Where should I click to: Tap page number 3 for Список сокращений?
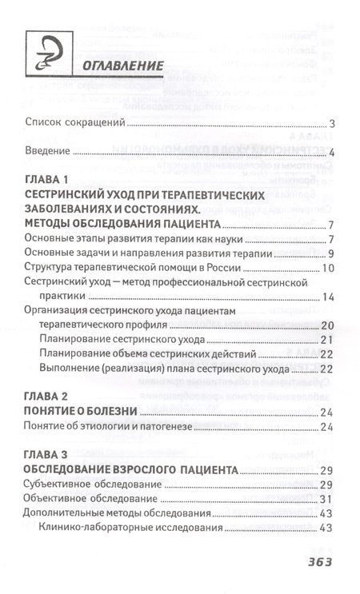click(x=330, y=123)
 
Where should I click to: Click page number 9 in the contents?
click(x=330, y=253)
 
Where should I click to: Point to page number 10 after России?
click(x=327, y=268)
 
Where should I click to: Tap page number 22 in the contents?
click(x=327, y=354)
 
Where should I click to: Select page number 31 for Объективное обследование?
click(x=327, y=499)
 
